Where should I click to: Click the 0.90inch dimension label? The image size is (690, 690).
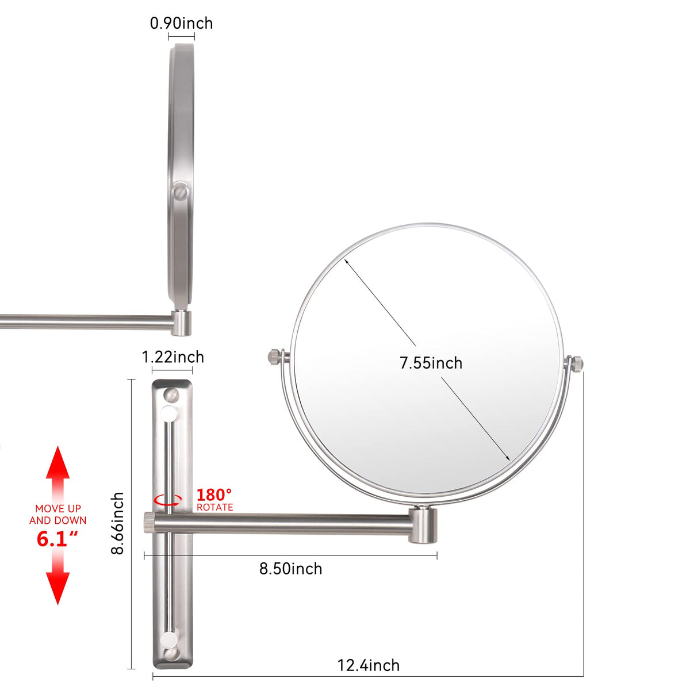click(x=181, y=24)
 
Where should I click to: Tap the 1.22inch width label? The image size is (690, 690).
click(x=173, y=357)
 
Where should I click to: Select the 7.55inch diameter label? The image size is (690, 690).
click(x=431, y=363)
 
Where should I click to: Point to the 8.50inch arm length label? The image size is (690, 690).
click(x=291, y=569)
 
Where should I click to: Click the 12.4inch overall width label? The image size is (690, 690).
click(x=369, y=665)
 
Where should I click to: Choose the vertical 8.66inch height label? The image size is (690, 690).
click(x=117, y=523)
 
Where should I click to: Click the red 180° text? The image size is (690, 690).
click(x=214, y=495)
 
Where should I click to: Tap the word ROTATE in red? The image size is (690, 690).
click(x=215, y=507)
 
